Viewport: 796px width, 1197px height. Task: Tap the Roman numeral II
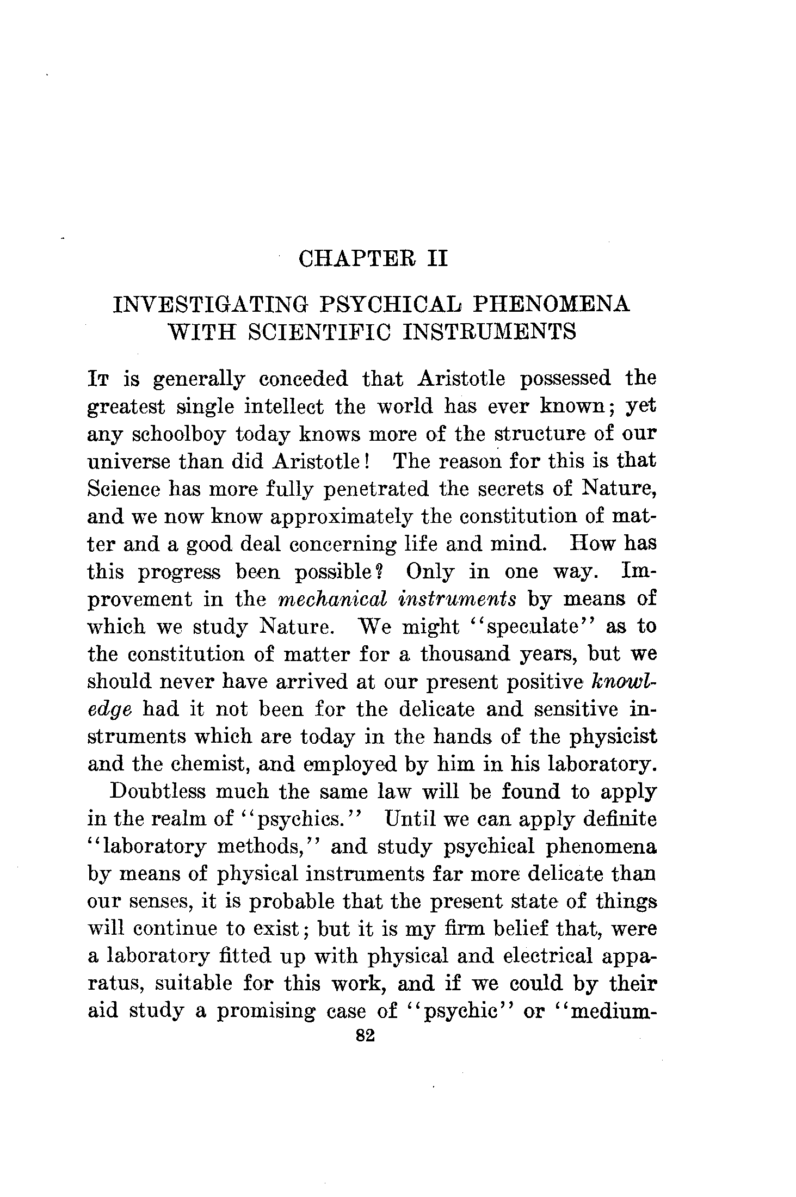(x=437, y=258)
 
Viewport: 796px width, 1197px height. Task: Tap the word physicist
(x=610, y=737)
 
